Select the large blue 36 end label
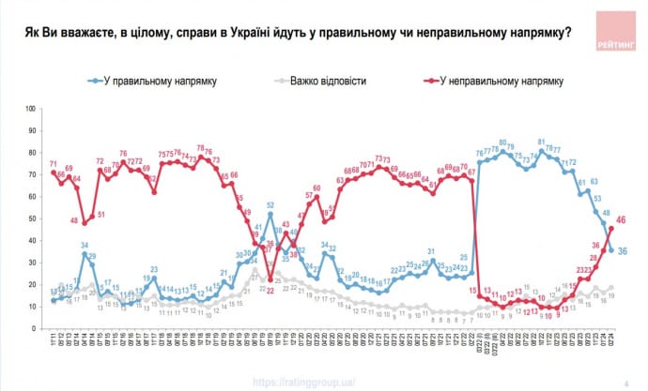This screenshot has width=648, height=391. (624, 250)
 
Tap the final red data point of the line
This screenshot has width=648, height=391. (611, 228)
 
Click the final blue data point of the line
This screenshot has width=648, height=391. (611, 249)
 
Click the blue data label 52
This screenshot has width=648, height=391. (270, 204)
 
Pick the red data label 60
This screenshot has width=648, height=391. (316, 188)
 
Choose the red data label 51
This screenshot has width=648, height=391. (100, 215)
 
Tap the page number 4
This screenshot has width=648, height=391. (625, 382)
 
